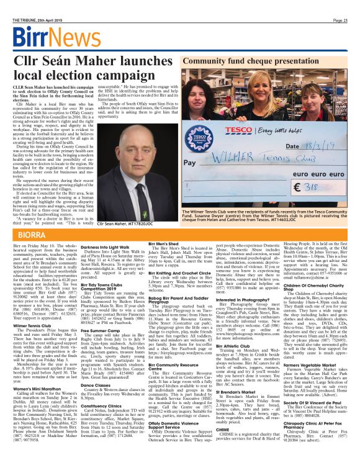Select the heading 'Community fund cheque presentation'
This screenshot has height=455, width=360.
coord(254,63)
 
